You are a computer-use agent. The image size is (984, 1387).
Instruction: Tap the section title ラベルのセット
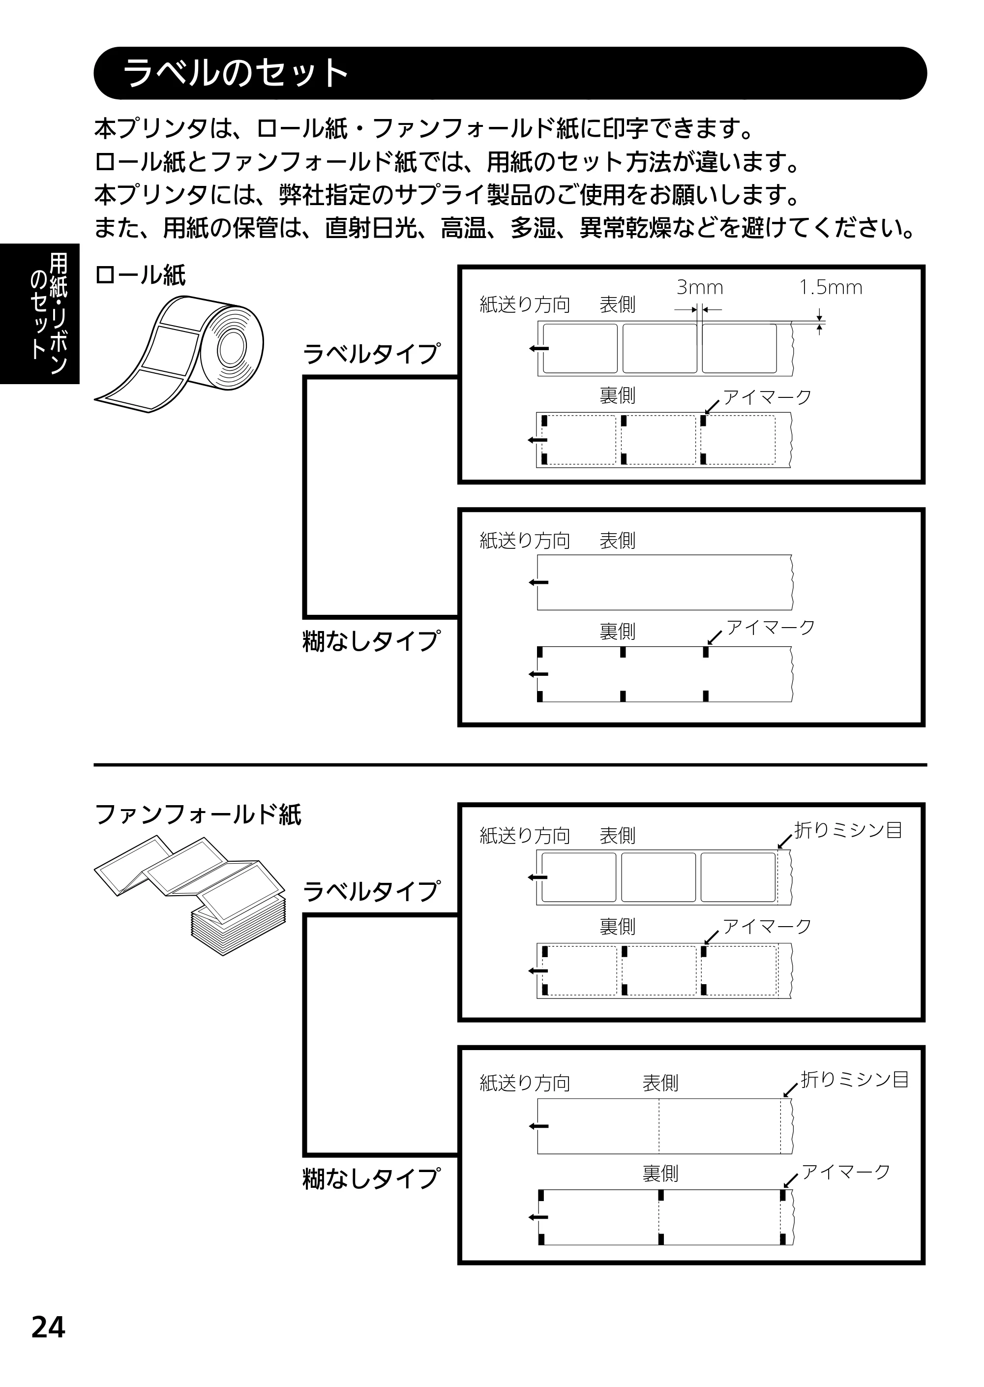(236, 73)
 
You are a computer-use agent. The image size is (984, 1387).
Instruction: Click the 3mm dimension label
(700, 287)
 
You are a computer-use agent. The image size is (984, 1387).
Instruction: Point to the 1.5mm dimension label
(831, 287)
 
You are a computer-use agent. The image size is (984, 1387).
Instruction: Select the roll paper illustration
(179, 355)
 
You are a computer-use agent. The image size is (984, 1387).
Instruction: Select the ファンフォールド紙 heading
(198, 814)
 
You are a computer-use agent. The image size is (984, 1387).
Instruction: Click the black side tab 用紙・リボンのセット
(39, 313)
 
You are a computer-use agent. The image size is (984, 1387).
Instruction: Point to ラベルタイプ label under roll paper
(371, 353)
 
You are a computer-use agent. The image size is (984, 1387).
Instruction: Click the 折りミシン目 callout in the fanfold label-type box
(848, 830)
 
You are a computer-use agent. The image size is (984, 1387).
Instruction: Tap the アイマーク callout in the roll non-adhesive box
(771, 627)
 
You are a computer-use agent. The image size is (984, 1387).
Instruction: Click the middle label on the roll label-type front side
(660, 348)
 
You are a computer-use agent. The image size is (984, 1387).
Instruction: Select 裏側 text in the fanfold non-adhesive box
(660, 1174)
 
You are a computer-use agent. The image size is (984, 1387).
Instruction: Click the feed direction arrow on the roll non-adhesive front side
(538, 582)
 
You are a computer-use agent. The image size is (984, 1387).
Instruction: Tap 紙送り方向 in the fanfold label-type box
(525, 836)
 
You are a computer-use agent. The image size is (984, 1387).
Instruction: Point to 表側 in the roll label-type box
(618, 304)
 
